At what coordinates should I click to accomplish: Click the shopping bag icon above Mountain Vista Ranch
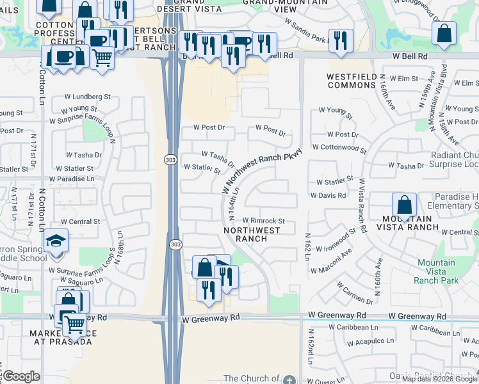click(x=404, y=206)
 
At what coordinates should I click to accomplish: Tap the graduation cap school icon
click(x=56, y=242)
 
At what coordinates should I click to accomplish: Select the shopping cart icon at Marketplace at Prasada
click(x=74, y=325)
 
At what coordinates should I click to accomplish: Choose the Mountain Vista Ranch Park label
click(x=436, y=271)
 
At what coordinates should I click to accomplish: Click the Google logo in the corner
click(x=21, y=376)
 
